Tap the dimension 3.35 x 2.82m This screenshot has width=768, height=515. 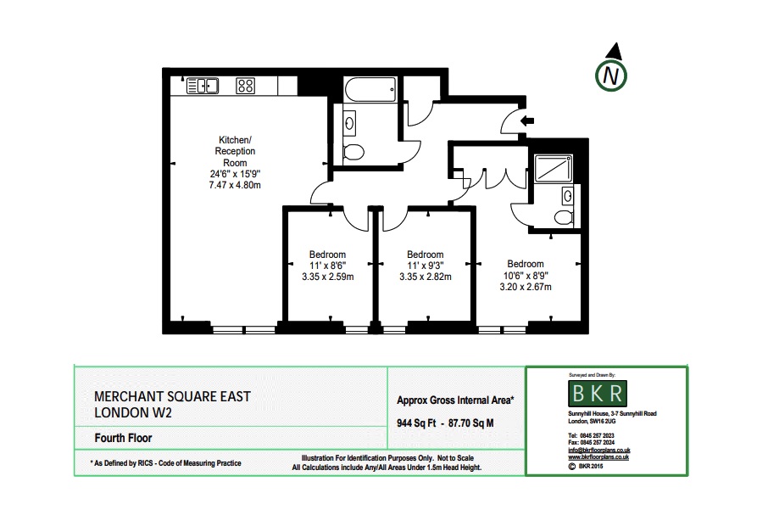point(425,277)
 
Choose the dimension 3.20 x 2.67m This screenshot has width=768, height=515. point(525,287)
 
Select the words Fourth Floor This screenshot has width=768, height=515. point(123,439)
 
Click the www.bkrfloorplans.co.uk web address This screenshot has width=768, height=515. point(598,457)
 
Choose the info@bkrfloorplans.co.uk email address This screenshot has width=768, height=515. point(598,451)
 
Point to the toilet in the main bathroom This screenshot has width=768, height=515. point(355,152)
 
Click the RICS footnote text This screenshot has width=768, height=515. point(165,463)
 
